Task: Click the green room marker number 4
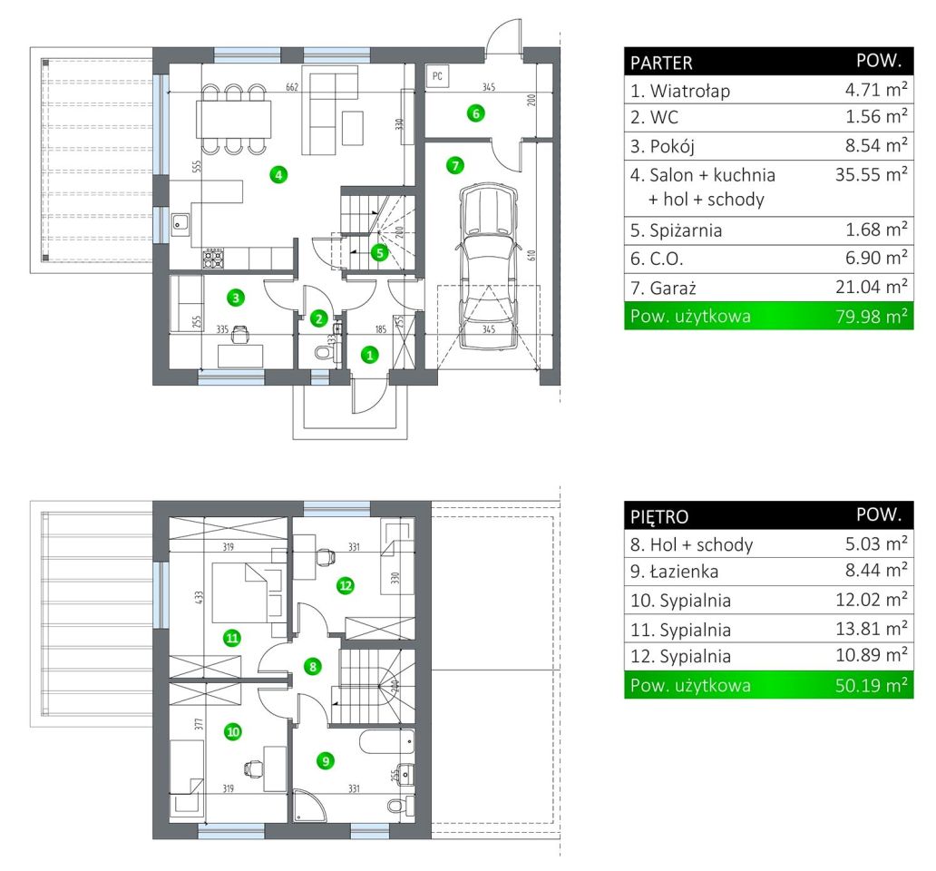click(278, 175)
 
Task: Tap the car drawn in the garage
click(488, 266)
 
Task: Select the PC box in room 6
click(437, 76)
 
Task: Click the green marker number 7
click(455, 165)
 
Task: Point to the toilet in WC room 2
click(324, 352)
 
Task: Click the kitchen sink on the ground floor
click(180, 223)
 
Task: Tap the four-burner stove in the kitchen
click(213, 258)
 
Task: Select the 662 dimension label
click(292, 87)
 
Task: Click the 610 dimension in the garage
click(531, 255)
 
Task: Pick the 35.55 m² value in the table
click(871, 173)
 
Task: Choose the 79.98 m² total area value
click(871, 316)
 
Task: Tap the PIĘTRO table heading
click(659, 516)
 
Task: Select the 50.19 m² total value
click(871, 685)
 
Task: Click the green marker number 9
click(326, 760)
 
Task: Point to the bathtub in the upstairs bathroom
click(386, 741)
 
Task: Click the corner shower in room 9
click(310, 806)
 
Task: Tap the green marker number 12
click(346, 585)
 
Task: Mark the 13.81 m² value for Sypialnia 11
click(871, 628)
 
